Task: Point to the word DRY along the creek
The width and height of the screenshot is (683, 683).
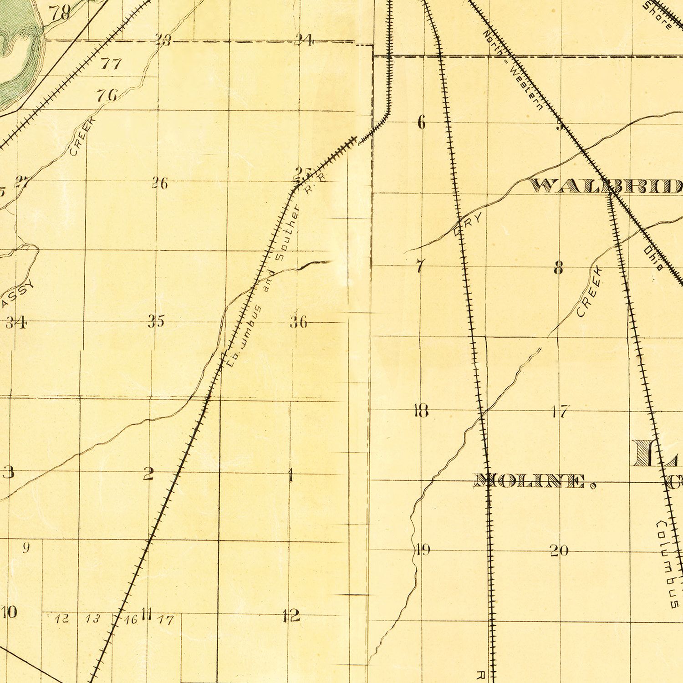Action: tap(468, 225)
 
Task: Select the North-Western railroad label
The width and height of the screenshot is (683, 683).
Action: tap(513, 71)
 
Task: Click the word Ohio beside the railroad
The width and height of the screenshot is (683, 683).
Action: tap(653, 259)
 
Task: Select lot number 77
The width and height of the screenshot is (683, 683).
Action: tap(111, 63)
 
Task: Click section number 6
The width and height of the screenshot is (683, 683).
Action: tap(421, 122)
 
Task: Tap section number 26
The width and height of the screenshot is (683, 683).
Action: tap(159, 183)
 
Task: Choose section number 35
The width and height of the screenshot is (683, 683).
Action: tap(156, 321)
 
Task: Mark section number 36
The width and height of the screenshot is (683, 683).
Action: tap(299, 322)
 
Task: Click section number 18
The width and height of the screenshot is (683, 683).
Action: tap(421, 411)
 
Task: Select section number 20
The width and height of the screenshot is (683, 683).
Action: tap(559, 550)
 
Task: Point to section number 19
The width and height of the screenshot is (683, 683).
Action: tap(423, 550)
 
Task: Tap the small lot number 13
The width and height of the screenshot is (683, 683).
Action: tap(92, 618)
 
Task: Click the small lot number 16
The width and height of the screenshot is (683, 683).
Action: tap(131, 619)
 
